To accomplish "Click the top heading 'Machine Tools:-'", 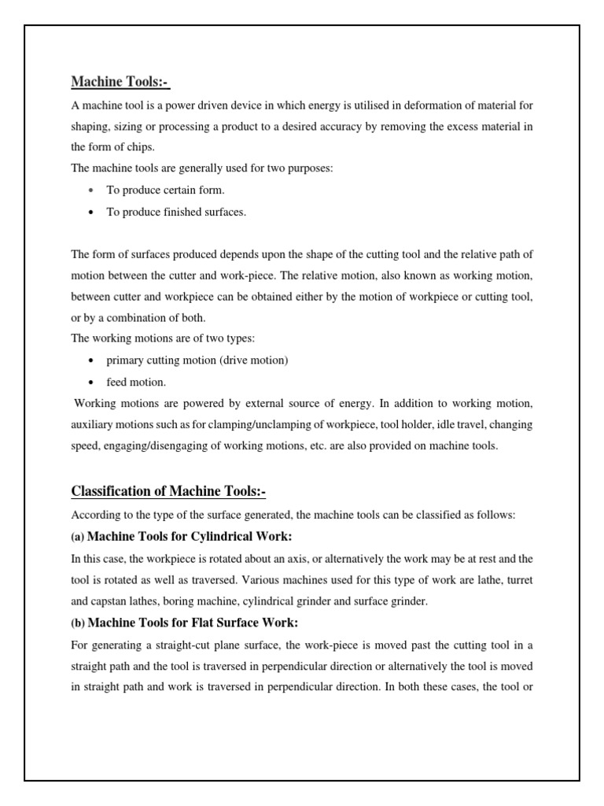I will (120, 82).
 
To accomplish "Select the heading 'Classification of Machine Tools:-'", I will (168, 492).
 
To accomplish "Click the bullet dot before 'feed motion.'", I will (92, 383).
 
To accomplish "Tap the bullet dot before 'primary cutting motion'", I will (92, 360).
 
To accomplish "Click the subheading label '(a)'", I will (78, 537).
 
